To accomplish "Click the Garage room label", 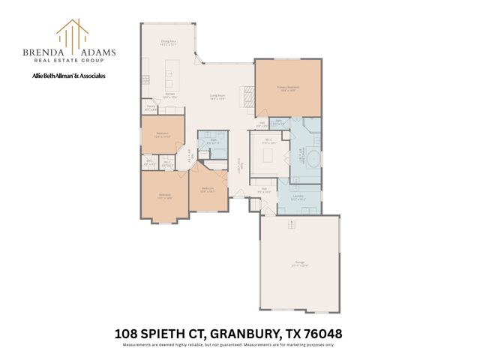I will point(299,263).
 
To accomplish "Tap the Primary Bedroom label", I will point(288,88).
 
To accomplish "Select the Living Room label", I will point(218,97).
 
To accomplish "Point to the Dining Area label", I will point(168,43).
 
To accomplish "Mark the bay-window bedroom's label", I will point(165,196).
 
